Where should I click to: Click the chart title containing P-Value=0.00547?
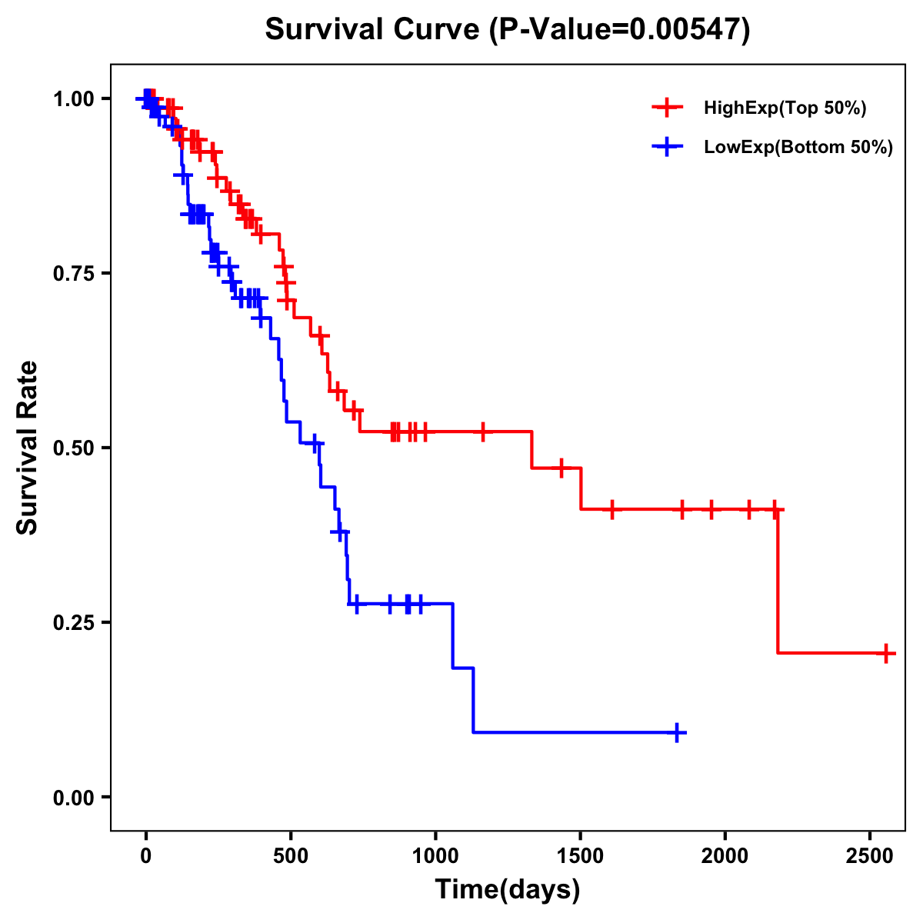pos(507,30)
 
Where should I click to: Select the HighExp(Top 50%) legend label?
pos(785,108)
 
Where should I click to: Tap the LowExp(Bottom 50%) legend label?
pos(798,148)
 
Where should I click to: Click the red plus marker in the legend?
pos(667,108)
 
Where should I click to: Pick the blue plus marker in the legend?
pos(667,147)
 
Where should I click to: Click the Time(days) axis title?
pos(507,890)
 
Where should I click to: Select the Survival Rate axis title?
pos(28,448)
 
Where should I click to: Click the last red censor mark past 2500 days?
pos(886,653)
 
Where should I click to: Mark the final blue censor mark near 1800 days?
pos(677,732)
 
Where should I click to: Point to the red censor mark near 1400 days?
pos(561,468)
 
